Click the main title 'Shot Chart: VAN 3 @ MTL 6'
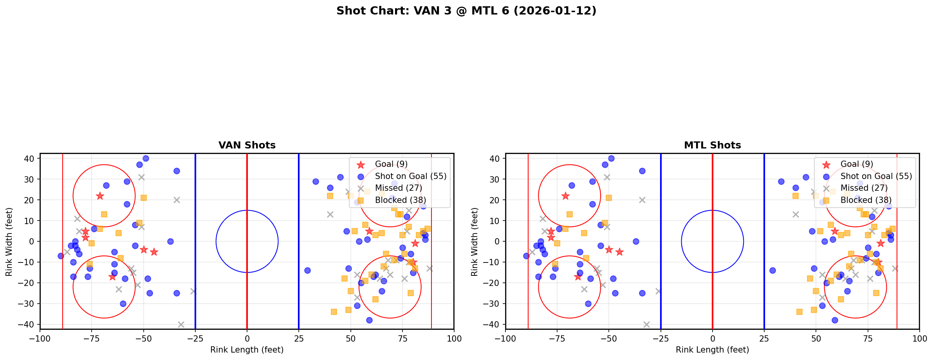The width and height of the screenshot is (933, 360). (x=466, y=11)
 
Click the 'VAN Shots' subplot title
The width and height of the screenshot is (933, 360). (x=247, y=145)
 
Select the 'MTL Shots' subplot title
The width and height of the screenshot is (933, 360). (x=712, y=145)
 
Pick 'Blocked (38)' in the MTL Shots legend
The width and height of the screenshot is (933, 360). (x=866, y=200)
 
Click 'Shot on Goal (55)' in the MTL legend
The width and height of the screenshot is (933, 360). (x=876, y=176)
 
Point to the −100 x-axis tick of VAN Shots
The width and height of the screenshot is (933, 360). (x=40, y=338)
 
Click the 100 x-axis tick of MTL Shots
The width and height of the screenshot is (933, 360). (x=919, y=338)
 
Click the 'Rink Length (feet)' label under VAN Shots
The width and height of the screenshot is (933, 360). (x=247, y=350)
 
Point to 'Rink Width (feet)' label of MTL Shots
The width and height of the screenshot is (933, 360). (x=475, y=241)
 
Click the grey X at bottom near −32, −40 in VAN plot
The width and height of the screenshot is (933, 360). (x=181, y=324)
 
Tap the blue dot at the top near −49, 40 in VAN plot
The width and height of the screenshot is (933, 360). (x=146, y=158)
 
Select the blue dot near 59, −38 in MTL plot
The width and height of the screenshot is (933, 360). (x=835, y=320)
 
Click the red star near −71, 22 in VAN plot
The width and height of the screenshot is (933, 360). (x=100, y=196)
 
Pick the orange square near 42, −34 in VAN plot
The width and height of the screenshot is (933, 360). (x=334, y=312)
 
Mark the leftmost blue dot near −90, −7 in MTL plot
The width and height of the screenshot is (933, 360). (x=526, y=256)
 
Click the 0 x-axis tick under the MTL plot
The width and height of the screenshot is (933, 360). (x=712, y=338)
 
